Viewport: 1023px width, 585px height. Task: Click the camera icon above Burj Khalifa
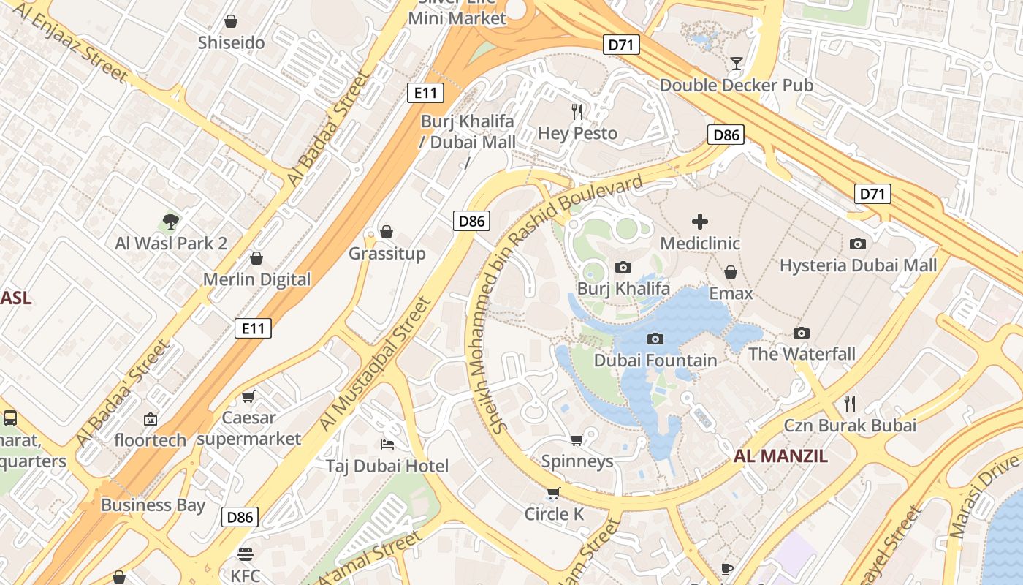coord(623,268)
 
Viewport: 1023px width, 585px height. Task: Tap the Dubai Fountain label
coord(655,360)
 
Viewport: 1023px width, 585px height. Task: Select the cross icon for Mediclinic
coord(700,222)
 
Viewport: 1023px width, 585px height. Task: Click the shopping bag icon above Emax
coord(730,272)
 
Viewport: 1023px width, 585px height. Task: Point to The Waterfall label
coord(802,354)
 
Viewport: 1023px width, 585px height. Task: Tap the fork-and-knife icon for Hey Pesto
coord(578,111)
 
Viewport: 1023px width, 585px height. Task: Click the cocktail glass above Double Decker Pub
coord(737,64)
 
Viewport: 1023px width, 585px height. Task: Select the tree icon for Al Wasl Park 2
coord(171,221)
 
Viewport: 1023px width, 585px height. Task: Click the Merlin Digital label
coord(256,279)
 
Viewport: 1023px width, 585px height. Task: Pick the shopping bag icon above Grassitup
coord(387,232)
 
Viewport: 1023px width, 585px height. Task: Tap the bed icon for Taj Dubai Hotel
coord(387,445)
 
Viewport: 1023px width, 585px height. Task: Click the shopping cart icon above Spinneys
coord(577,439)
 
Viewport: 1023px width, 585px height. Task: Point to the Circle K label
coord(554,514)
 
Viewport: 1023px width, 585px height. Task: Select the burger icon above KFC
coord(246,554)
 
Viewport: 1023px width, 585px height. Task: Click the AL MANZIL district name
coord(780,456)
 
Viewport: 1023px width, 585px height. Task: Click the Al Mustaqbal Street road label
coord(375,364)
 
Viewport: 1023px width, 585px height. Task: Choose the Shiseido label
coord(231,42)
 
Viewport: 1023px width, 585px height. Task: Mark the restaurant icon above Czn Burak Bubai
coord(850,403)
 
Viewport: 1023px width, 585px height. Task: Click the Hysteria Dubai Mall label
coord(858,265)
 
